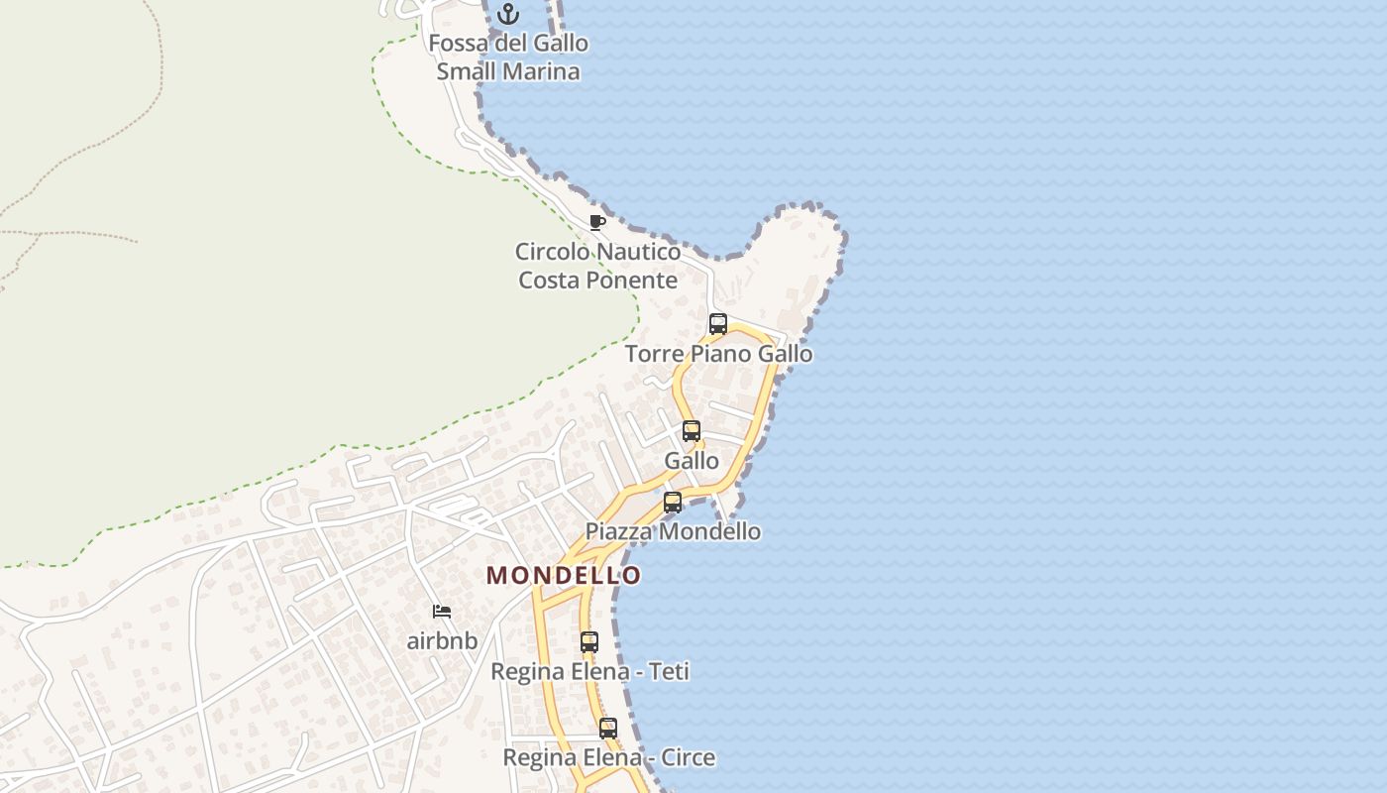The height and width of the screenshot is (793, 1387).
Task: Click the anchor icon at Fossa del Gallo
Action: click(x=508, y=14)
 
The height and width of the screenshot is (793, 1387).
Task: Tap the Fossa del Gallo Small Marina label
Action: click(x=508, y=57)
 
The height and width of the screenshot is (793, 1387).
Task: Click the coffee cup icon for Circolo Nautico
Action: click(x=596, y=222)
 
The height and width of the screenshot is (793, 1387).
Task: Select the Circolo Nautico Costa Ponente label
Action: click(x=597, y=266)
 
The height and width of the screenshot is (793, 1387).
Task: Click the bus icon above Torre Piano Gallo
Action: click(x=718, y=324)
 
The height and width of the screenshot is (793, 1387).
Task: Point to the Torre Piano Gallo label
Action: click(x=718, y=354)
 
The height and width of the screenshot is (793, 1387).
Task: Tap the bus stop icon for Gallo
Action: click(x=692, y=431)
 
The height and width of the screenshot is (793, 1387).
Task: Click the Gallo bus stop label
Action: click(x=692, y=461)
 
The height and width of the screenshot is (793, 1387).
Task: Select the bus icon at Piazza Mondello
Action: click(x=673, y=503)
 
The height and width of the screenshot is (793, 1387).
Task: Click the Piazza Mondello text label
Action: click(x=673, y=531)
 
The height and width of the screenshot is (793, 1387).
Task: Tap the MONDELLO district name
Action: click(x=564, y=575)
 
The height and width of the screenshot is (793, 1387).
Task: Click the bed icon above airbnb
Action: click(x=442, y=612)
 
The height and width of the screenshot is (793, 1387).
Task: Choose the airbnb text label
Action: click(x=442, y=641)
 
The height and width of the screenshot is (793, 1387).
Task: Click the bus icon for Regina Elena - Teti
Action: click(x=589, y=642)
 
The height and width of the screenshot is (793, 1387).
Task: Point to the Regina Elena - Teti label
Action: click(x=589, y=672)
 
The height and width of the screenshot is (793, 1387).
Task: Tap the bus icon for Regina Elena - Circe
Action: click(x=608, y=729)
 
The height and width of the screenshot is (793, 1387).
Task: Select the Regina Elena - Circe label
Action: click(x=608, y=758)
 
